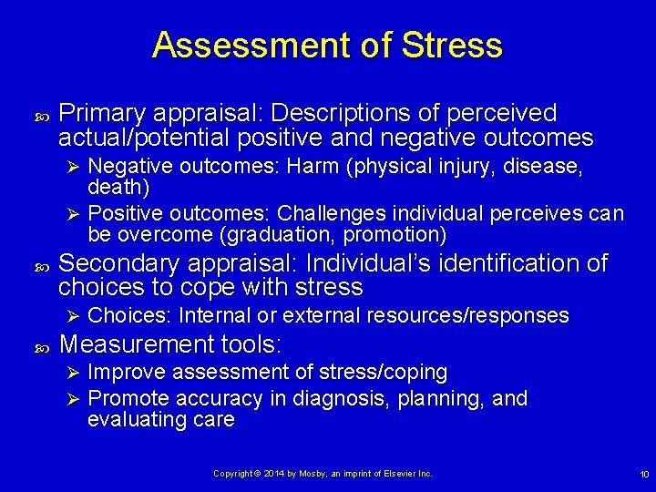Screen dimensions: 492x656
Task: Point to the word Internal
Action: pos(216,316)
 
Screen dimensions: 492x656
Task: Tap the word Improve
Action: pos(127,373)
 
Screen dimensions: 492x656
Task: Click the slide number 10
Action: pos(644,475)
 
